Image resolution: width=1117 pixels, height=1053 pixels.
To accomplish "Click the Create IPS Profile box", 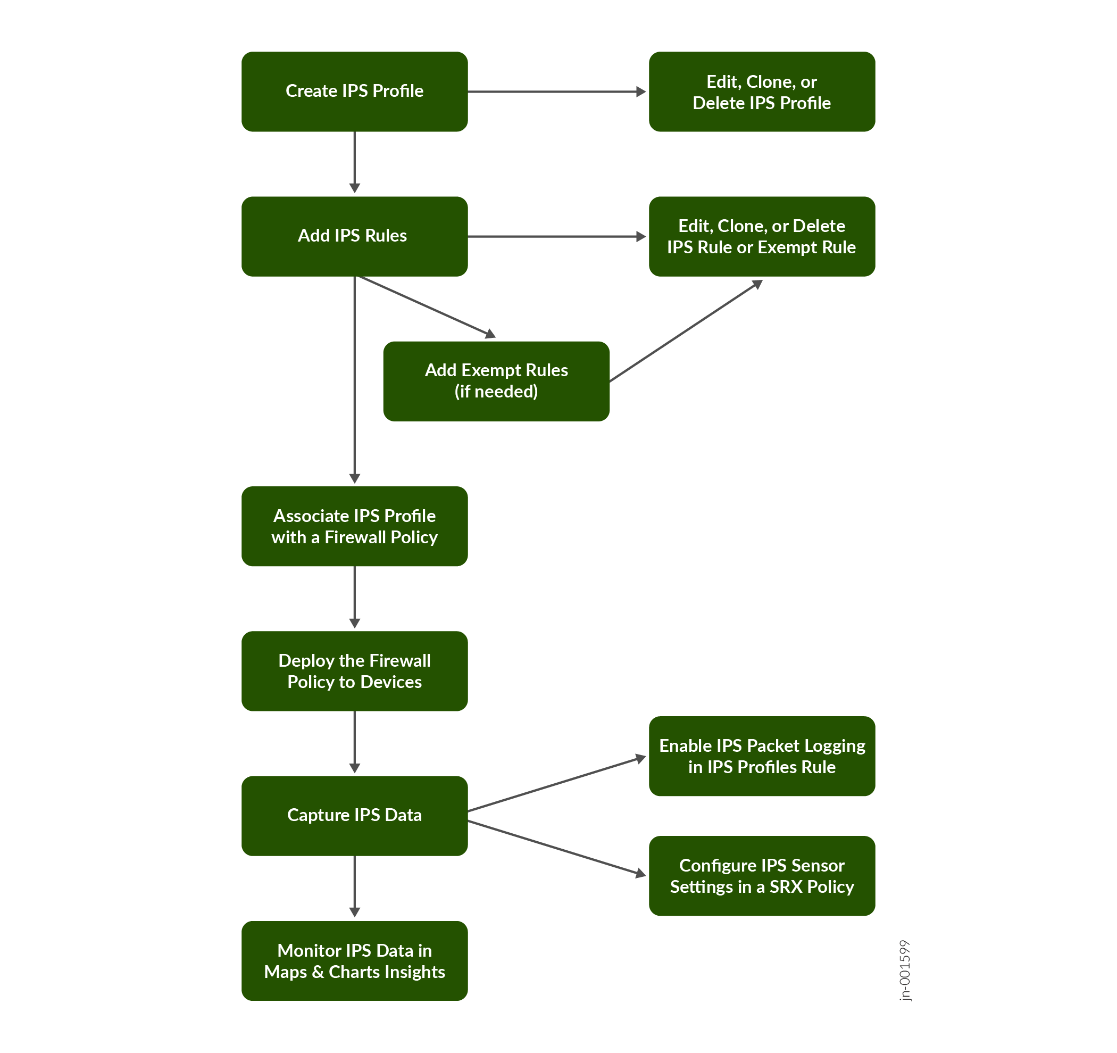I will pyautogui.click(x=355, y=92).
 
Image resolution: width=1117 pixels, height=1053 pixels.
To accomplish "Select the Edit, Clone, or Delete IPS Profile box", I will pyautogui.click(x=761, y=92).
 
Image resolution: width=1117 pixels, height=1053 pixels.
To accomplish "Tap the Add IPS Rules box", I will pyautogui.click(x=355, y=236).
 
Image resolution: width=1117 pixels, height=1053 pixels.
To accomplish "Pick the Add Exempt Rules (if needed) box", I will pyautogui.click(x=496, y=381).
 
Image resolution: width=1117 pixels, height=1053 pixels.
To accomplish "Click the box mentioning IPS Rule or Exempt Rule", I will pyautogui.click(x=761, y=236).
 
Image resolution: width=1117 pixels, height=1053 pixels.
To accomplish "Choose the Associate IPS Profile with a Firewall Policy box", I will pyautogui.click(x=355, y=526).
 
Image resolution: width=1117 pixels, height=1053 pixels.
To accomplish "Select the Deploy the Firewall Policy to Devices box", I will pyautogui.click(x=355, y=671).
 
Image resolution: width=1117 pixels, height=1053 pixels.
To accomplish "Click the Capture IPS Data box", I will pyautogui.click(x=355, y=815).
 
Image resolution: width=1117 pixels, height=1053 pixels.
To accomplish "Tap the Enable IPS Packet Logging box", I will pyautogui.click(x=761, y=756).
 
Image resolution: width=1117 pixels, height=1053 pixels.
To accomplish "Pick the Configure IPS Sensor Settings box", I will pyautogui.click(x=761, y=875).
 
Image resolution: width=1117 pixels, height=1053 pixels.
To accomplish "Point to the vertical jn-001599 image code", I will pyautogui.click(x=905, y=970).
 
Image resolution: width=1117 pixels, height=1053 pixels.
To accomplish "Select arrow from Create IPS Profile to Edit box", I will pyautogui.click(x=556, y=92).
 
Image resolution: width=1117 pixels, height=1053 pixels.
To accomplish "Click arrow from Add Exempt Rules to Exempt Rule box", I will pyautogui.click(x=686, y=331).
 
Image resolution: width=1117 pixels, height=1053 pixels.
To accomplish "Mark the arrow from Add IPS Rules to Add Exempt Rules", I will pyautogui.click(x=427, y=308).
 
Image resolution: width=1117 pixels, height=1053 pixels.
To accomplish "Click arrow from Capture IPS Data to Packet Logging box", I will pyautogui.click(x=556, y=784).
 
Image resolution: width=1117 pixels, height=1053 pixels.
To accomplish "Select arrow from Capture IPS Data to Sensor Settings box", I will pyautogui.click(x=556, y=847).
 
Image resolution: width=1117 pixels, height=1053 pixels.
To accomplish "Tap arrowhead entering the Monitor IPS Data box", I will pyautogui.click(x=355, y=912).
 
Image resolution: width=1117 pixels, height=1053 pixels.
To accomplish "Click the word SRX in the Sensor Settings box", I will pyautogui.click(x=786, y=886).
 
